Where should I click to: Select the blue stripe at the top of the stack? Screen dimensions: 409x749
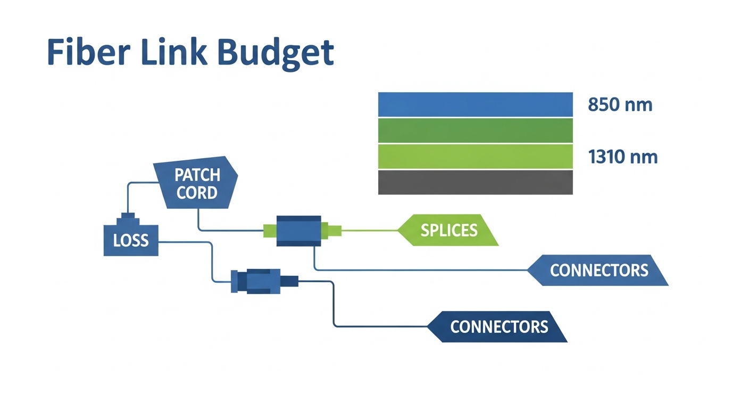(x=475, y=104)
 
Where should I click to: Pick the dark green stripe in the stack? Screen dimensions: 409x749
(x=475, y=130)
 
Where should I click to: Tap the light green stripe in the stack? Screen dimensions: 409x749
(x=475, y=157)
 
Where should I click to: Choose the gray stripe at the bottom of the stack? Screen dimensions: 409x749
(x=475, y=182)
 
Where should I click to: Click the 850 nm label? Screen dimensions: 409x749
(x=620, y=104)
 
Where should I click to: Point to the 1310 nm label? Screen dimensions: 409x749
(x=622, y=157)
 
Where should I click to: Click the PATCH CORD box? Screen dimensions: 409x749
(x=196, y=183)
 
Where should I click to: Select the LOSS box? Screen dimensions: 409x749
(x=131, y=240)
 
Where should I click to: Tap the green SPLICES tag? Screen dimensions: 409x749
(x=448, y=230)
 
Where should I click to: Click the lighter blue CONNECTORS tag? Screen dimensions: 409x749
(x=598, y=270)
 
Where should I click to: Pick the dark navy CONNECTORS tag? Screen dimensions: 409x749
(x=498, y=326)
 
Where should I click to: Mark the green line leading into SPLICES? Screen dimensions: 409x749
(x=370, y=231)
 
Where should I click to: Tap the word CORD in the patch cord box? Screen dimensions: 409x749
(x=197, y=192)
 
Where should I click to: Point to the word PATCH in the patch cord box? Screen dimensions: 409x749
(x=197, y=175)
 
